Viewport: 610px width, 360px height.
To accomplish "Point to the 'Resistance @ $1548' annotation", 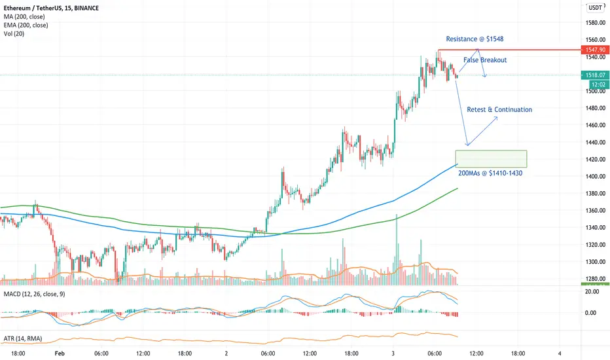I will point(474,39).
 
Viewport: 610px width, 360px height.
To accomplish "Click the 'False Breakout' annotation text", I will point(485,60).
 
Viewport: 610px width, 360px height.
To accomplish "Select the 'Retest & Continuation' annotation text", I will point(499,110).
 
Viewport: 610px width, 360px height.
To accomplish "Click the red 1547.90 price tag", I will point(596,50).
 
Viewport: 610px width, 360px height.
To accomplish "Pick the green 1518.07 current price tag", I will point(596,75).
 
